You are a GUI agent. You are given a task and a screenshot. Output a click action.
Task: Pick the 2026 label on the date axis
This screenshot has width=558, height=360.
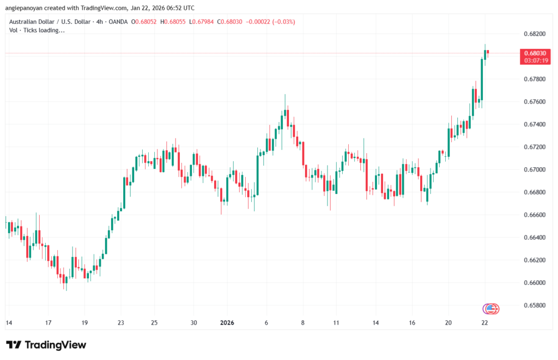point(227,323)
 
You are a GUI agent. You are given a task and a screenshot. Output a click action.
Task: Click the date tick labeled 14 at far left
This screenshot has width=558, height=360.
point(9,323)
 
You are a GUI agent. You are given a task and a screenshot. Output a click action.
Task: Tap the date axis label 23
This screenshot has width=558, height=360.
point(121,323)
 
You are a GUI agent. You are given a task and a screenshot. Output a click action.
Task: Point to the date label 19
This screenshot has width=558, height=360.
point(84,323)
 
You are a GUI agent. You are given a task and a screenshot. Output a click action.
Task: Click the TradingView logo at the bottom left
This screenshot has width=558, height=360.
point(46,345)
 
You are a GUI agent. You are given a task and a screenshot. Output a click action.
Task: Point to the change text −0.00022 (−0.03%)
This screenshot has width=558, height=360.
point(270,22)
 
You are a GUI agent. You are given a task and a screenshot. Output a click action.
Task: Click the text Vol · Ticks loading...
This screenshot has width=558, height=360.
point(37,30)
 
